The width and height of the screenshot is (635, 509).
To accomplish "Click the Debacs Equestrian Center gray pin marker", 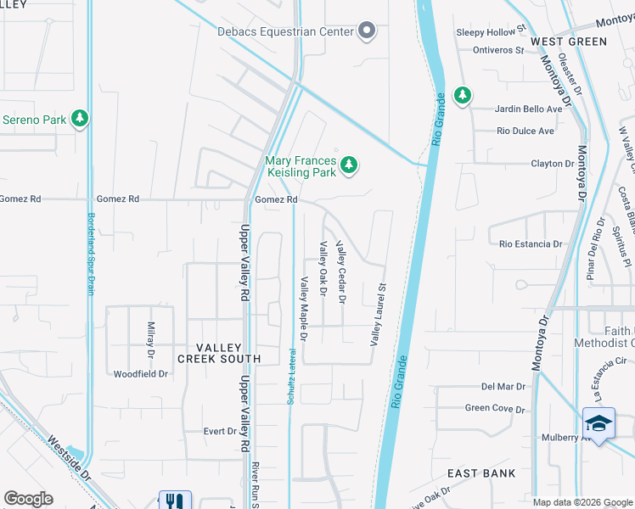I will click(x=367, y=31).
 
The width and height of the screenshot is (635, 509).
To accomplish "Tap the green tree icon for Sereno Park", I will click(x=80, y=119).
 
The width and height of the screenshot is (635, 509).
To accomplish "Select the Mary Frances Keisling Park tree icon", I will click(x=348, y=165).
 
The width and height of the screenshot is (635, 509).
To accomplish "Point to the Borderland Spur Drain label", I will click(x=91, y=253).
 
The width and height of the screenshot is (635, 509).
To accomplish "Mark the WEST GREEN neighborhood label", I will click(x=569, y=42).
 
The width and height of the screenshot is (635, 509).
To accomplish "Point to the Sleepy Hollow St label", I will click(x=486, y=32).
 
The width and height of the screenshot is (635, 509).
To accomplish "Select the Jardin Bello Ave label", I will click(x=530, y=109).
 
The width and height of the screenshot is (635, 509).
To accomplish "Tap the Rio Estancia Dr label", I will click(x=531, y=244).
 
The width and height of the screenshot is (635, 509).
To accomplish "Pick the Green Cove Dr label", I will click(x=495, y=408).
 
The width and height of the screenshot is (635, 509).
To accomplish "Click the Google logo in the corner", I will click(x=29, y=499).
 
